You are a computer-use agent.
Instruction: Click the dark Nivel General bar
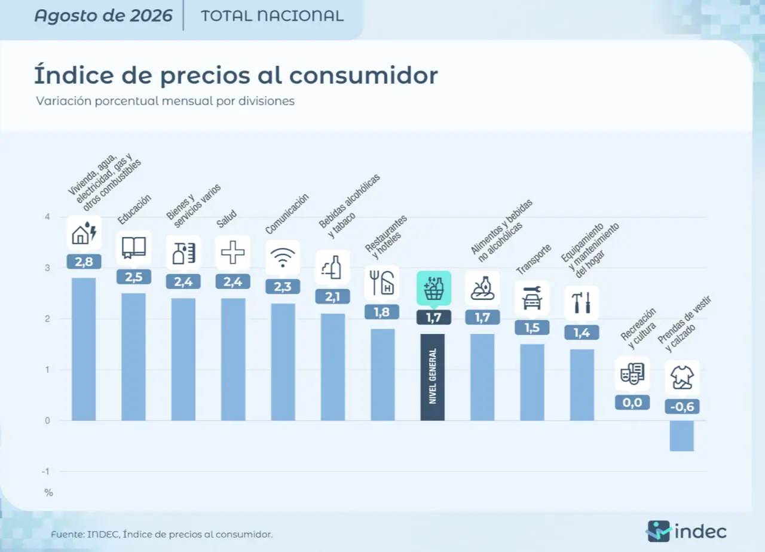coord(432,377)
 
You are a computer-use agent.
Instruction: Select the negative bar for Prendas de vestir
coord(682,436)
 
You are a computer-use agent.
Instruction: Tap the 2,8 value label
coord(84,262)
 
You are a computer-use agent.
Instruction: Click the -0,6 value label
coord(682,407)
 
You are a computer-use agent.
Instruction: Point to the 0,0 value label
coord(632,403)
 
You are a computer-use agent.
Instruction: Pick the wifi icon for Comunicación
coord(283,257)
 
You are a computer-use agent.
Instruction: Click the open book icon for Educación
coord(134,248)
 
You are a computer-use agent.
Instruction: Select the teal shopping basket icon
coord(434,288)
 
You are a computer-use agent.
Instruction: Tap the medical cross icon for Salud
coord(233,253)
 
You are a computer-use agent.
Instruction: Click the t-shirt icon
coord(682,378)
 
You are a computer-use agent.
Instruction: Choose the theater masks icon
coord(632,373)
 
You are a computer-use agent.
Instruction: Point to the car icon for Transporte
coord(532,298)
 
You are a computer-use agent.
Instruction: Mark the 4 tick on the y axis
coord(47,217)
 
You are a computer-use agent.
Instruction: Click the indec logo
coord(686,532)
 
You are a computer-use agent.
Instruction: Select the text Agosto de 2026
coord(103,16)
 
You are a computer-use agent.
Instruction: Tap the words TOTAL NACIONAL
coord(272,16)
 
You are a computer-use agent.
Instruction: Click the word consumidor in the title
coord(363,75)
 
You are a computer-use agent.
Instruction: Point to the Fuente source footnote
coord(162,534)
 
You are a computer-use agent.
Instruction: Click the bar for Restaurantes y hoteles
coord(382,375)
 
